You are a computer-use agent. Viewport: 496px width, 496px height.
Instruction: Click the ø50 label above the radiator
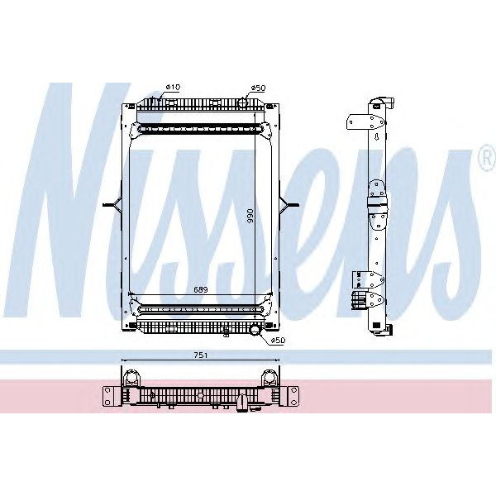pyautogui.click(x=256, y=87)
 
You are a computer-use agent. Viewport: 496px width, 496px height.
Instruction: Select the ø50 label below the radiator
pyautogui.click(x=278, y=339)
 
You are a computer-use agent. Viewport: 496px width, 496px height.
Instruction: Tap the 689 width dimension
pyautogui.click(x=201, y=289)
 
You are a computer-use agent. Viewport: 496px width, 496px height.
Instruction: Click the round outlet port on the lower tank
pyautogui.click(x=254, y=331)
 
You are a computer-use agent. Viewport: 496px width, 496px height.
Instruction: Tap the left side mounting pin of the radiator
pyautogui.click(x=110, y=204)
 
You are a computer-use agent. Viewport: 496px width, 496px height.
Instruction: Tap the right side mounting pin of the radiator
pyautogui.click(x=291, y=204)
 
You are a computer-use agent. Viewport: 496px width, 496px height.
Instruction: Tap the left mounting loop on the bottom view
pyautogui.click(x=131, y=379)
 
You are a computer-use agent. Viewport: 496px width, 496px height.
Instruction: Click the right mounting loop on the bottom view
pyautogui.click(x=269, y=379)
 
